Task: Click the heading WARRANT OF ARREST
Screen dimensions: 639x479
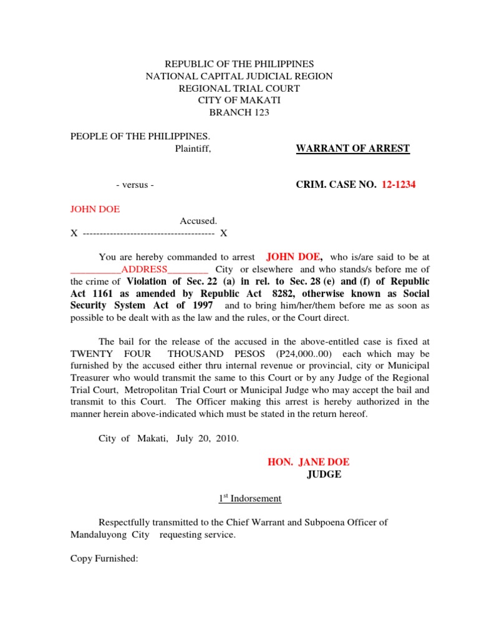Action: [352, 149]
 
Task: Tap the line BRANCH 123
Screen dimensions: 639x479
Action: [239, 112]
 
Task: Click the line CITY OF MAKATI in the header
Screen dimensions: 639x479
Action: [239, 100]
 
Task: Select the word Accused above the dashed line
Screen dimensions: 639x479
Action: [198, 221]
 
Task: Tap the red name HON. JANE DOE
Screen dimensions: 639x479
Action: [308, 462]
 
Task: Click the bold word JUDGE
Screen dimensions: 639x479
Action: [324, 474]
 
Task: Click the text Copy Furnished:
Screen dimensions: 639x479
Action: [104, 559]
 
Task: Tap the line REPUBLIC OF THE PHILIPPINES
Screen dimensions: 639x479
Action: [239, 64]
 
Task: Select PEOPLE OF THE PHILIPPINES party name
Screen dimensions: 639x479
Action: [140, 136]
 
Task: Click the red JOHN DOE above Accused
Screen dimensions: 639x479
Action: [95, 209]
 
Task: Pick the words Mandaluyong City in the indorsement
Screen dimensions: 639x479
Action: [110, 535]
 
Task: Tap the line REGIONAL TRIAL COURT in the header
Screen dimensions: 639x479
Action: [239, 89]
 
